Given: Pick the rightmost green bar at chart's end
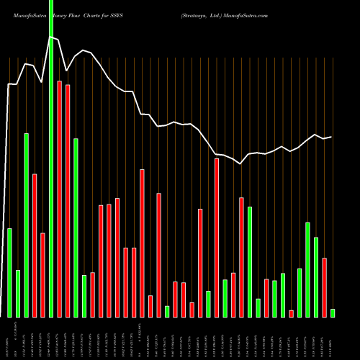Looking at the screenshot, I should coord(333,312).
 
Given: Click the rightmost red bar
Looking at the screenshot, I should coord(325,287).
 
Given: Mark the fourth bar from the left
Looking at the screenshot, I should coord(34,245).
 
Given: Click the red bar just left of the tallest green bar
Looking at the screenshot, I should coord(42,274).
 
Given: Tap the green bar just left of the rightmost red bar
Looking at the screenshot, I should coord(316,276).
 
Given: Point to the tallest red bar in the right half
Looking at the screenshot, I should coord(217,238).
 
